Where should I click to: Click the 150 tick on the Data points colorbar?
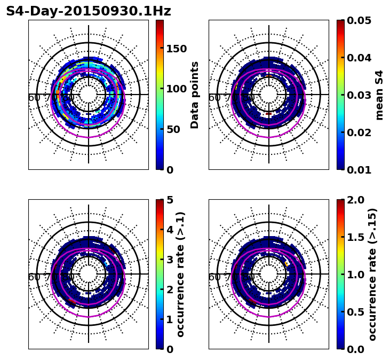click(176, 49)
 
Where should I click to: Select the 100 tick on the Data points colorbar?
click(176, 89)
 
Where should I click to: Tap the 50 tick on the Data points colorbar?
click(173, 129)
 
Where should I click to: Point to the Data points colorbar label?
click(195, 95)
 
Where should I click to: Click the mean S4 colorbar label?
click(379, 95)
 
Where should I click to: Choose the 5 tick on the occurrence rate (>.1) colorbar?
click(170, 200)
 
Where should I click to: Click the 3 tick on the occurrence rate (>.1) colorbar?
click(170, 260)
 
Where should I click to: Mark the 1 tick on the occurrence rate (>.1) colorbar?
click(170, 319)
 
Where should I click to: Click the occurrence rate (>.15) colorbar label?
click(372, 274)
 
